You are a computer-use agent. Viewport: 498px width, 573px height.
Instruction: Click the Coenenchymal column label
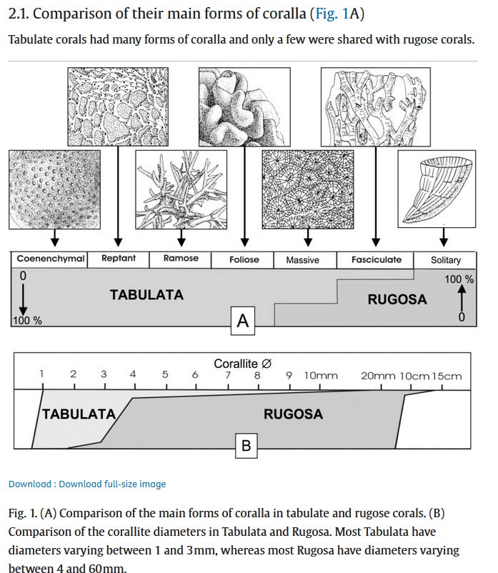[50, 259]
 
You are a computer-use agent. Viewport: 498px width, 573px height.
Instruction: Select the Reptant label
[119, 258]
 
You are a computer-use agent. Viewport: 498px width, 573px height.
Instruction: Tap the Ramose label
[181, 258]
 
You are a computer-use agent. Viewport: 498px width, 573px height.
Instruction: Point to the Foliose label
[244, 259]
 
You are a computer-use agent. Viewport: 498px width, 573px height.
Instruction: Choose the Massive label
[302, 260]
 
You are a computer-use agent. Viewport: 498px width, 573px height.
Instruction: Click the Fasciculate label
[376, 259]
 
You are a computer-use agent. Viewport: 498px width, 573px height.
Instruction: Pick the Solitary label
[445, 260]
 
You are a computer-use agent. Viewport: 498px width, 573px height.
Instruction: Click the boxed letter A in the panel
[242, 321]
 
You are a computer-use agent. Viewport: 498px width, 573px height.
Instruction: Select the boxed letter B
[246, 446]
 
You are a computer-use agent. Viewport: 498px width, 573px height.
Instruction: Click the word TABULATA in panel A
[146, 294]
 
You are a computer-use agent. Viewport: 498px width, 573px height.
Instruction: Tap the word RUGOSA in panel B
[293, 414]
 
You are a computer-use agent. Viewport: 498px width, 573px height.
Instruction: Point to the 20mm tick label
[378, 376]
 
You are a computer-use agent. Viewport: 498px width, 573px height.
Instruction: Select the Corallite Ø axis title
[242, 364]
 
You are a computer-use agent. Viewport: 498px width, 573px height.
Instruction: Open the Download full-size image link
[112, 484]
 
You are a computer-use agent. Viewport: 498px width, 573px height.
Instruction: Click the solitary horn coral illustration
[436, 185]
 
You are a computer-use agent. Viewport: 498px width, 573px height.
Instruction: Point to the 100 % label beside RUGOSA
[459, 279]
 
